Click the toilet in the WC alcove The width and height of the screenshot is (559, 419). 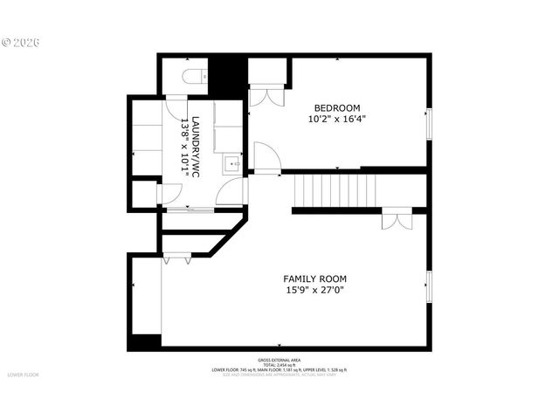pyautogui.click(x=194, y=76)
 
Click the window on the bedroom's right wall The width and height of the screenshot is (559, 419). pyautogui.click(x=428, y=124)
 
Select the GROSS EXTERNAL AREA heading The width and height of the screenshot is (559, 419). pyautogui.click(x=279, y=360)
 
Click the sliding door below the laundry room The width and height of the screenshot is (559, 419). pyautogui.click(x=190, y=210)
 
